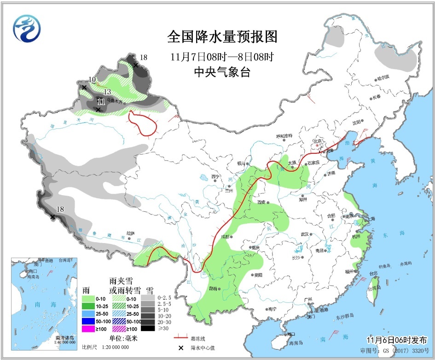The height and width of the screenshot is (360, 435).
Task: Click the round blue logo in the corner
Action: coord(26,27)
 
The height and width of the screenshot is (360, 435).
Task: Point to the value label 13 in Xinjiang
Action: coord(107,92)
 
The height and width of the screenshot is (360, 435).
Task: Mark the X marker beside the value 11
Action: coord(98,109)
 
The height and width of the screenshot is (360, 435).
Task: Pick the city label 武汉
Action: coord(304,235)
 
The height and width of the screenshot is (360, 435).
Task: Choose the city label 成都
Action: coord(225,237)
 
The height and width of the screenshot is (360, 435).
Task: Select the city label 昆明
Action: coord(213,288)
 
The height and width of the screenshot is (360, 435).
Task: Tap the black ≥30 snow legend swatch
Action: coord(148,328)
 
